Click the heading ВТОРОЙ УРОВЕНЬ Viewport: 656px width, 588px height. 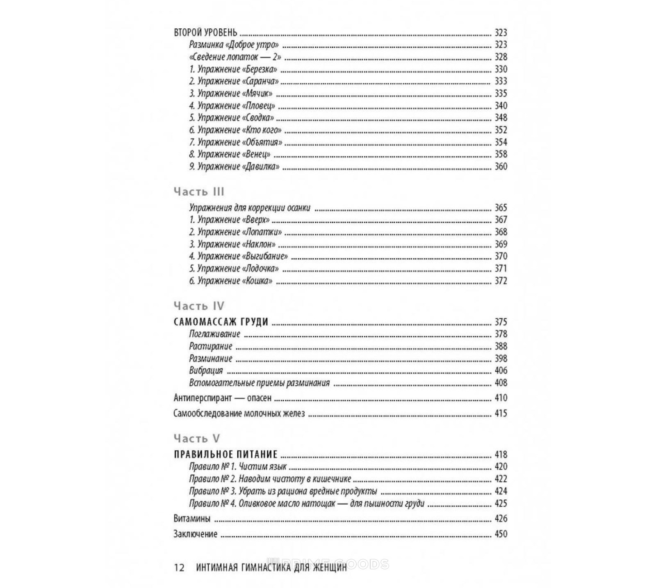tap(205, 33)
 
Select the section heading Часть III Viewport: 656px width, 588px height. tap(199, 192)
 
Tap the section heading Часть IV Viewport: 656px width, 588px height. tap(199, 306)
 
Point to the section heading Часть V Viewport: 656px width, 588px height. tap(197, 438)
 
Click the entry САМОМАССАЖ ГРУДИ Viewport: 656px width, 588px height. tap(221, 322)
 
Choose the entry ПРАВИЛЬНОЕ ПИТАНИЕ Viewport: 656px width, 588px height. tap(225, 454)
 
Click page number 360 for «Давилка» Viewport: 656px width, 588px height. tap(501, 167)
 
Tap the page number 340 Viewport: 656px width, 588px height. tap(501, 106)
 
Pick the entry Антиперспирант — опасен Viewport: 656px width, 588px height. tap(222, 398)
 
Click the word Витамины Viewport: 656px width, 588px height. tap(192, 518)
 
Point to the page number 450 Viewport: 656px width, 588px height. tap(501, 534)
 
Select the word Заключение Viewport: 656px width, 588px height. tap(195, 534)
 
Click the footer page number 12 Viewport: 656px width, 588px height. tap(179, 567)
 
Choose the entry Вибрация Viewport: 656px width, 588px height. tap(206, 371)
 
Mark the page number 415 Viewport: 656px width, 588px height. tap(501, 413)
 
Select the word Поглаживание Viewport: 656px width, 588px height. tap(214, 334)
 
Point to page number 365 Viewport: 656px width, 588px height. tap(501, 208)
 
